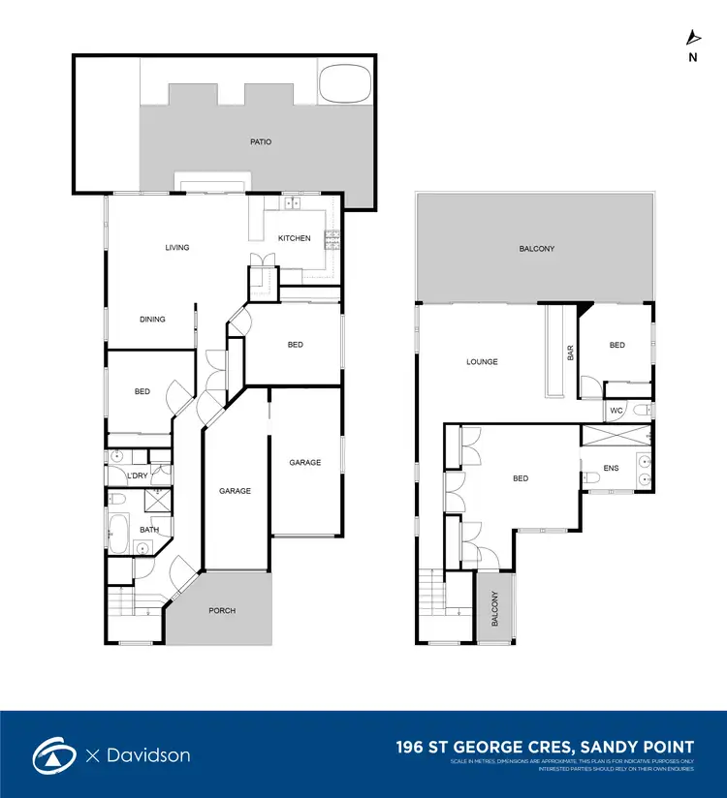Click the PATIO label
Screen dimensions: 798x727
coord(260,142)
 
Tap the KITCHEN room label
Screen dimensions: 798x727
coord(294,238)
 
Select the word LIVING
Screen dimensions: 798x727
coord(176,248)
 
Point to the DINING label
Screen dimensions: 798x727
coord(152,320)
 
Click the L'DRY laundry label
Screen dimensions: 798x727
coord(137,476)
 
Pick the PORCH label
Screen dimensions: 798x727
coord(222,611)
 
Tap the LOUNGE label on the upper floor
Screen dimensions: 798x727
coord(482,362)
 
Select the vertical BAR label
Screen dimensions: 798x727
coord(569,354)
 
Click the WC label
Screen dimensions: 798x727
coord(616,411)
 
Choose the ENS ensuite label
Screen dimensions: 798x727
coord(611,469)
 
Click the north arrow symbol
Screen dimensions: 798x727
coord(692,38)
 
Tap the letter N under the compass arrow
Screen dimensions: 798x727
coord(692,57)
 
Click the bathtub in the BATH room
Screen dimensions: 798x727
coord(117,534)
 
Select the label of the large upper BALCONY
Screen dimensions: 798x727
coord(536,250)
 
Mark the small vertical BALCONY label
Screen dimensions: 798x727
coord(493,609)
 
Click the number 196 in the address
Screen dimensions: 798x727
coord(414,747)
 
